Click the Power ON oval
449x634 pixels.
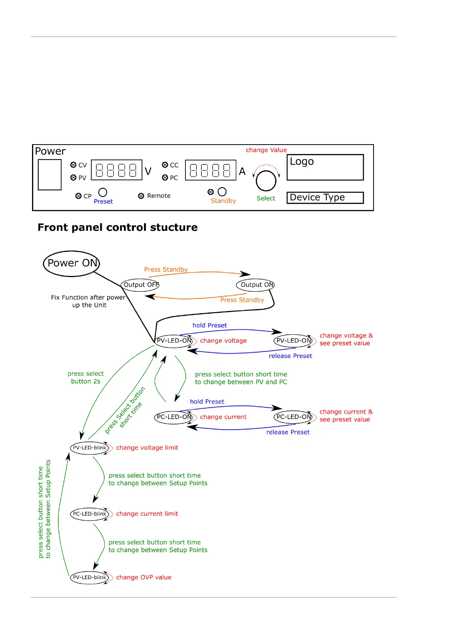(x=72, y=264)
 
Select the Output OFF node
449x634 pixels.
(x=140, y=285)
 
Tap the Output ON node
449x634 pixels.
(x=256, y=285)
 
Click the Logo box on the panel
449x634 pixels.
(x=325, y=167)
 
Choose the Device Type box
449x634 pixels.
(x=325, y=198)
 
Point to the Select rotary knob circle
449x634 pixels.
(x=266, y=181)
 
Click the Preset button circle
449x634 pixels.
(x=103, y=192)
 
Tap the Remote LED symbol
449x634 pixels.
(x=141, y=196)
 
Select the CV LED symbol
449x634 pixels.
(x=74, y=165)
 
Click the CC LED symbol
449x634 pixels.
(x=165, y=165)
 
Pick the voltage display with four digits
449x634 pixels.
(x=116, y=170)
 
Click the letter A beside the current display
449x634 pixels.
(x=242, y=172)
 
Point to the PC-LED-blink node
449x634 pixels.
(x=90, y=514)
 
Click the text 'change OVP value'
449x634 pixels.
(x=144, y=578)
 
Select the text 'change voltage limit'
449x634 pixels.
(x=147, y=448)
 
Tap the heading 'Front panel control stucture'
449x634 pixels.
(x=118, y=227)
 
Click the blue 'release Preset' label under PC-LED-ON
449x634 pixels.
(x=288, y=432)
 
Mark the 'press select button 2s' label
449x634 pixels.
(x=86, y=378)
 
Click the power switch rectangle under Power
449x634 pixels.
(x=50, y=175)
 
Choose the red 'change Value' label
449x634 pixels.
(x=266, y=150)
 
